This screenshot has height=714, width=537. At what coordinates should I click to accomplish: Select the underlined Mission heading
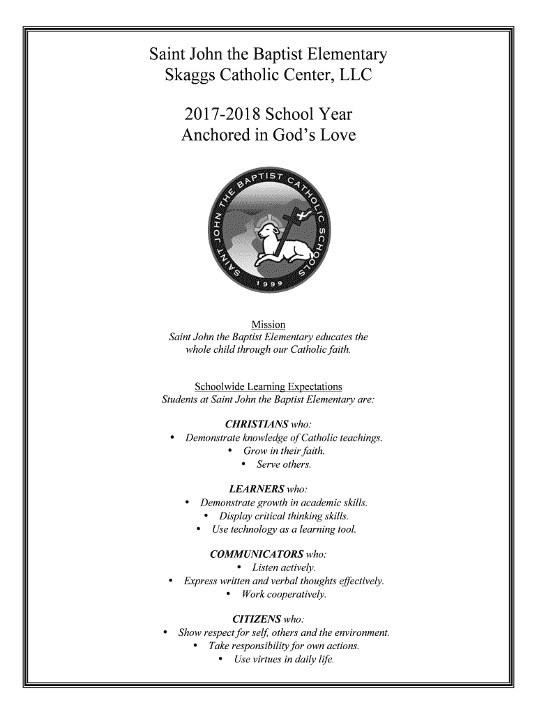pos(268,325)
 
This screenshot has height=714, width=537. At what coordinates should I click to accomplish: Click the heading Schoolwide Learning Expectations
pos(268,386)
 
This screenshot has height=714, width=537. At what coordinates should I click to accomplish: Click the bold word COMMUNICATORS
pos(252,554)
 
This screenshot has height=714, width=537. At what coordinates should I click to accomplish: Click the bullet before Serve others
pos(244,464)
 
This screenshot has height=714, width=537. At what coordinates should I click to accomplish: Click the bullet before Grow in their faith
pos(231,451)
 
